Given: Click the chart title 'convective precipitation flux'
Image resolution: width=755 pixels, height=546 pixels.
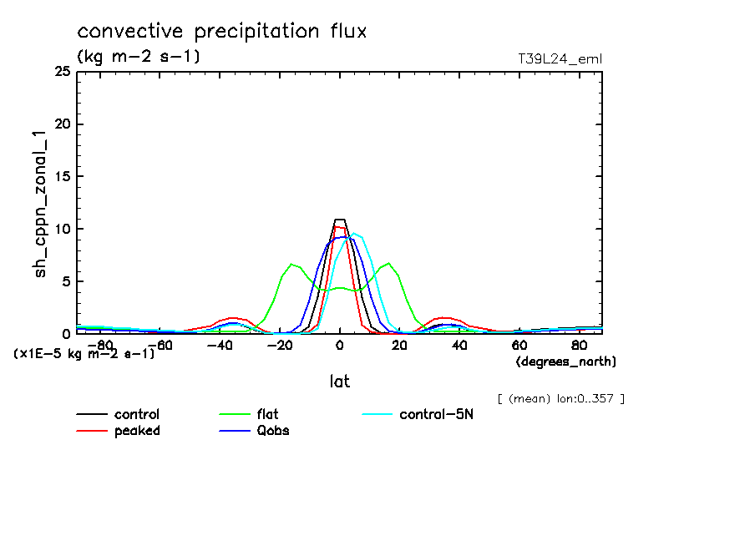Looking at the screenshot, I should (222, 33).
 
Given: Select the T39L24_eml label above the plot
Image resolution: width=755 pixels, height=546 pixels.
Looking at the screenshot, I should (560, 58).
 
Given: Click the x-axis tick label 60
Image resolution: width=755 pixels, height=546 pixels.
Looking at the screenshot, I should (519, 345).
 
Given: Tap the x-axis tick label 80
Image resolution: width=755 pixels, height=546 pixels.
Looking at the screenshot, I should (579, 345).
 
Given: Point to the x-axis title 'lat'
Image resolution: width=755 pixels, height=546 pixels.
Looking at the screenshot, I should (339, 382).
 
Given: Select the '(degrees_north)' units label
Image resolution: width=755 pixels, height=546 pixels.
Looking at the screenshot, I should (566, 361).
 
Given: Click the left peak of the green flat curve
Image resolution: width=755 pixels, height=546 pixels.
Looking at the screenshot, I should (291, 264).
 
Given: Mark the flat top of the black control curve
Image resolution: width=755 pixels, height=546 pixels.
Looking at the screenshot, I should (339, 220).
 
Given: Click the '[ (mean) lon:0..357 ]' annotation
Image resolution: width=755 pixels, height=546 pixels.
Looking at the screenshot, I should (560, 397).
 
